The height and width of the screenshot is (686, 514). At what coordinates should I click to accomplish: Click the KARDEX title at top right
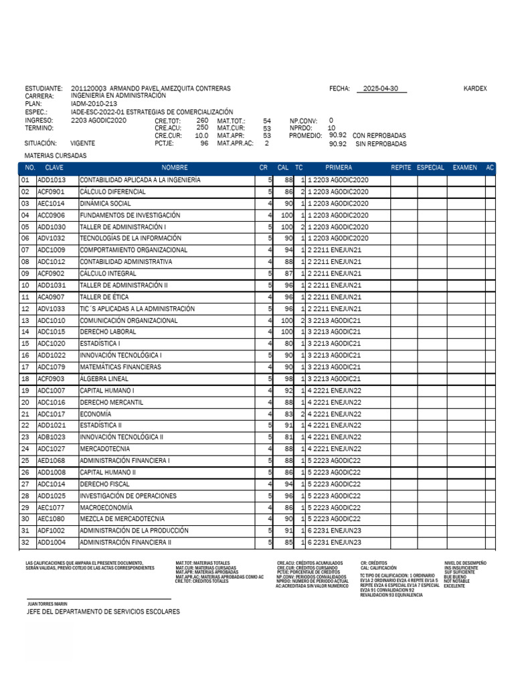[475, 88]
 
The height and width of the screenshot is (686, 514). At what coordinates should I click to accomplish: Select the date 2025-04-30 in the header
[381, 88]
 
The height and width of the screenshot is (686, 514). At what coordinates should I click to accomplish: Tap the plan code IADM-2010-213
[93, 104]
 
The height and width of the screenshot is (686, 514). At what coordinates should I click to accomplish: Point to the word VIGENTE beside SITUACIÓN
[82, 143]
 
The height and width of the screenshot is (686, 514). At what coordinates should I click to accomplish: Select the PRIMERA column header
[338, 167]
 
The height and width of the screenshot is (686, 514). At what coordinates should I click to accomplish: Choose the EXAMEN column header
[464, 167]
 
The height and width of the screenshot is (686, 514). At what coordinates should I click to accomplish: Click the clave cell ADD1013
[52, 180]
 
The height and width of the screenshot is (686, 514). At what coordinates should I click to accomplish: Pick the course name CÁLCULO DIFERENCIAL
[112, 192]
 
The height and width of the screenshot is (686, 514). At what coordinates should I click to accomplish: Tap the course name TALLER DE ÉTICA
[104, 297]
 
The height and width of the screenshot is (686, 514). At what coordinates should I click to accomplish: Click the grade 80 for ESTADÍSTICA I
[288, 344]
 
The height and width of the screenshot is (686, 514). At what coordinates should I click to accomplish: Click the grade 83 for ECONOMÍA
[288, 414]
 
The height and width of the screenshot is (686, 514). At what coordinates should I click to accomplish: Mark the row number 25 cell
[26, 460]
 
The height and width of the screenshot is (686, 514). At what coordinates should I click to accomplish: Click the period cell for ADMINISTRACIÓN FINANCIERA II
[334, 542]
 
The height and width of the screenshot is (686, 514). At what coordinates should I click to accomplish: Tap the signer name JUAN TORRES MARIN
[47, 604]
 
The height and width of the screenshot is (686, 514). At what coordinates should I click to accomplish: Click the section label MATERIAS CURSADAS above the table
[56, 155]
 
